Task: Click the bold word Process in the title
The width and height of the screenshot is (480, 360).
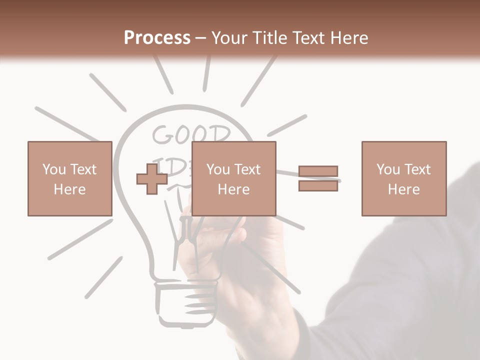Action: [157, 38]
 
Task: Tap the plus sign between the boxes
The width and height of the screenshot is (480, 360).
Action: [152, 179]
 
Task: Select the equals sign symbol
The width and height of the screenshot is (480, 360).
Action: [318, 178]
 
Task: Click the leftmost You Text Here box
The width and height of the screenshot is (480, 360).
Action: [70, 178]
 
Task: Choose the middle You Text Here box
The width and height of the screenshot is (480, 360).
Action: [234, 178]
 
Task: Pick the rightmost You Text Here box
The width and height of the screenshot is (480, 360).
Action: [404, 178]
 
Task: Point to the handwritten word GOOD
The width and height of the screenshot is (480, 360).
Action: [191, 135]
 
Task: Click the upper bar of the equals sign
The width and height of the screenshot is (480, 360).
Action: [318, 171]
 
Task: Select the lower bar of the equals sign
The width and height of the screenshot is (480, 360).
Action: [318, 185]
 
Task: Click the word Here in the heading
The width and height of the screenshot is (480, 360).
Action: [350, 38]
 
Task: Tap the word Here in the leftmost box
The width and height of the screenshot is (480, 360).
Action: [70, 189]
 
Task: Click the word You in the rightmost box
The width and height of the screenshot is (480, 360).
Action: [388, 169]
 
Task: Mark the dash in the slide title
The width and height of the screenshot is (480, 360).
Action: [201, 38]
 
